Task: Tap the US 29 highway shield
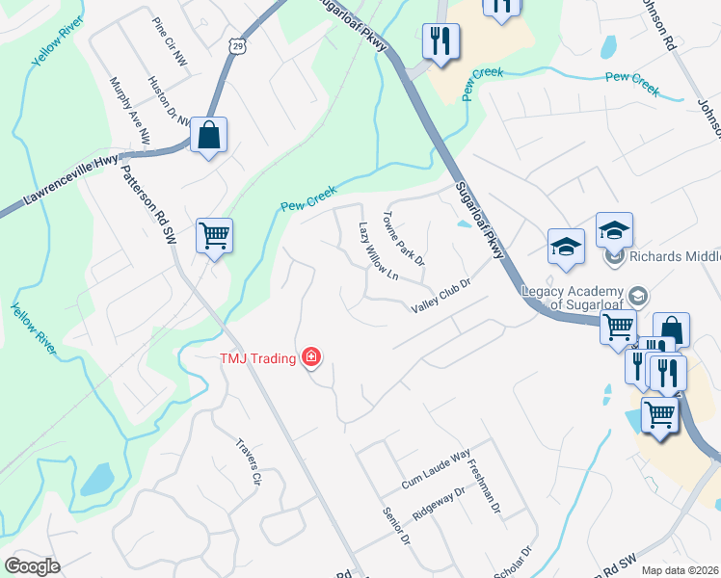point(238,45)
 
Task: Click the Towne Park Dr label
point(405,239)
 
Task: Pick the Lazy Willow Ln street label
point(378,252)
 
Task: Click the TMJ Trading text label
point(257,358)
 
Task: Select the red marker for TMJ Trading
point(310,358)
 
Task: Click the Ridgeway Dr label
point(439,503)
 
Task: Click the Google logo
point(32,566)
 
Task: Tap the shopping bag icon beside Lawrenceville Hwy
point(208,136)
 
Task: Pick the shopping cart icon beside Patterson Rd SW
point(214,235)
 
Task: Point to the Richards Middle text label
point(674,257)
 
